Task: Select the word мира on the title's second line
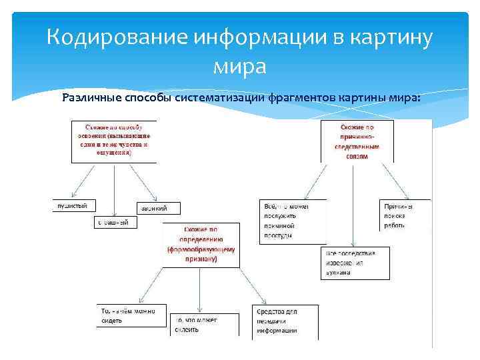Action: (x=239, y=67)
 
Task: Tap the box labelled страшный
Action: (x=115, y=223)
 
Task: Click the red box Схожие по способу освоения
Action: (x=114, y=140)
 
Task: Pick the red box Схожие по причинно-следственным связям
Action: (x=357, y=141)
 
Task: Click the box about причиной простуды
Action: (x=293, y=221)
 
